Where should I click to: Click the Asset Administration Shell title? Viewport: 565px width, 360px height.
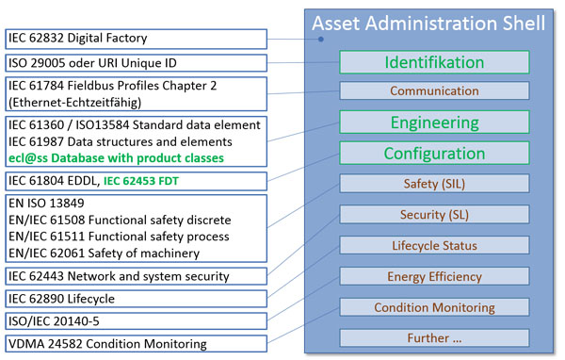[x=428, y=23]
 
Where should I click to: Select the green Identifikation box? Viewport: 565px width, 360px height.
[x=434, y=62]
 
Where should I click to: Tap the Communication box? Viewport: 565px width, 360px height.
[x=434, y=91]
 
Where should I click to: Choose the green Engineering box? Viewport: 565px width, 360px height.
[x=434, y=123]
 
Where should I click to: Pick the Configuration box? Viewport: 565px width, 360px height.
[x=434, y=154]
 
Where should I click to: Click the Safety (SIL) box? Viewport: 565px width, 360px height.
[x=434, y=185]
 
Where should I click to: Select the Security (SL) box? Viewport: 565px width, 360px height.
[x=434, y=216]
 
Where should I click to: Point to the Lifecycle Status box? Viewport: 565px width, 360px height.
[x=434, y=246]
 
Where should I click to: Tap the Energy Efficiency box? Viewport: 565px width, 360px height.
[x=434, y=277]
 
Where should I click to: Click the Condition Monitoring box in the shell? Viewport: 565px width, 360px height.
[x=434, y=307]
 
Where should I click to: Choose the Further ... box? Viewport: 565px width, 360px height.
[x=434, y=337]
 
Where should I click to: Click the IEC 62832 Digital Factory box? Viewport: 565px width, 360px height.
[x=136, y=39]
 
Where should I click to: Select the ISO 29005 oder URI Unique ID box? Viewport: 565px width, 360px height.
[x=136, y=63]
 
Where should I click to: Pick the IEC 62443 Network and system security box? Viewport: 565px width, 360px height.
[x=136, y=276]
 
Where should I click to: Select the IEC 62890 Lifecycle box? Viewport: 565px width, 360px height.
[x=136, y=299]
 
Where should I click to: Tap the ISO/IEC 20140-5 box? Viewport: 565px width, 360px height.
[x=136, y=321]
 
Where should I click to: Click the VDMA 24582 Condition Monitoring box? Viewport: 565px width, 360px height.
[x=136, y=344]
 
